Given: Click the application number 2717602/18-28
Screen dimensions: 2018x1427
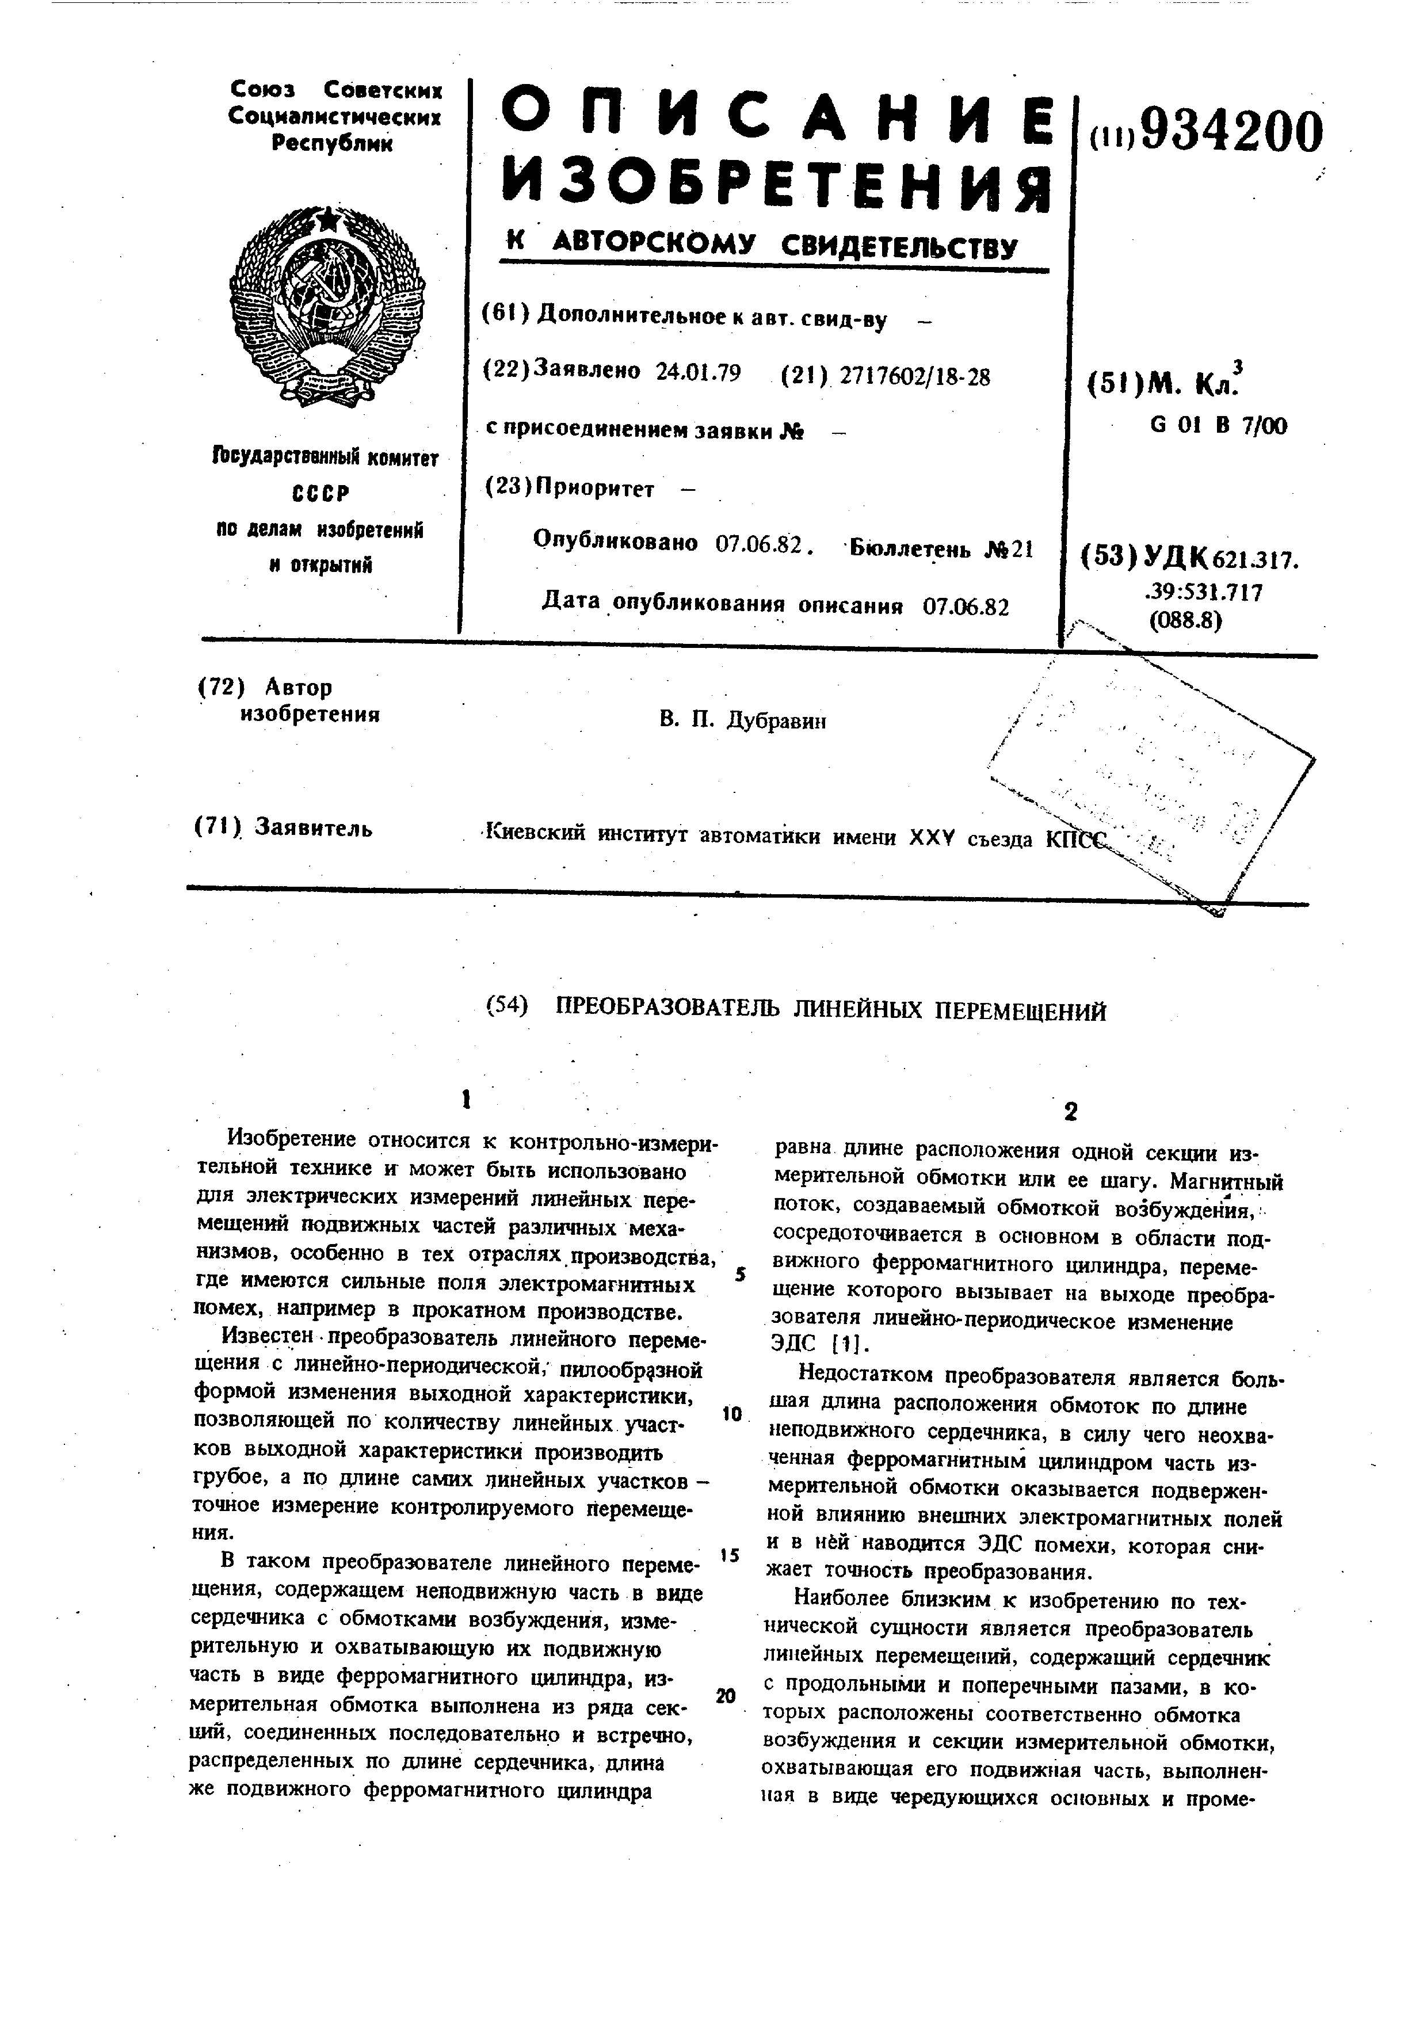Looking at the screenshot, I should tap(915, 376).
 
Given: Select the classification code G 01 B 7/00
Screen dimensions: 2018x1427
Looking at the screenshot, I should tap(1218, 426).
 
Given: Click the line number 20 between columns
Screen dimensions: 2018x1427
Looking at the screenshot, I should tap(725, 1695).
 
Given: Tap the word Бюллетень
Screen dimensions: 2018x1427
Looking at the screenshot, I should tap(910, 550).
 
